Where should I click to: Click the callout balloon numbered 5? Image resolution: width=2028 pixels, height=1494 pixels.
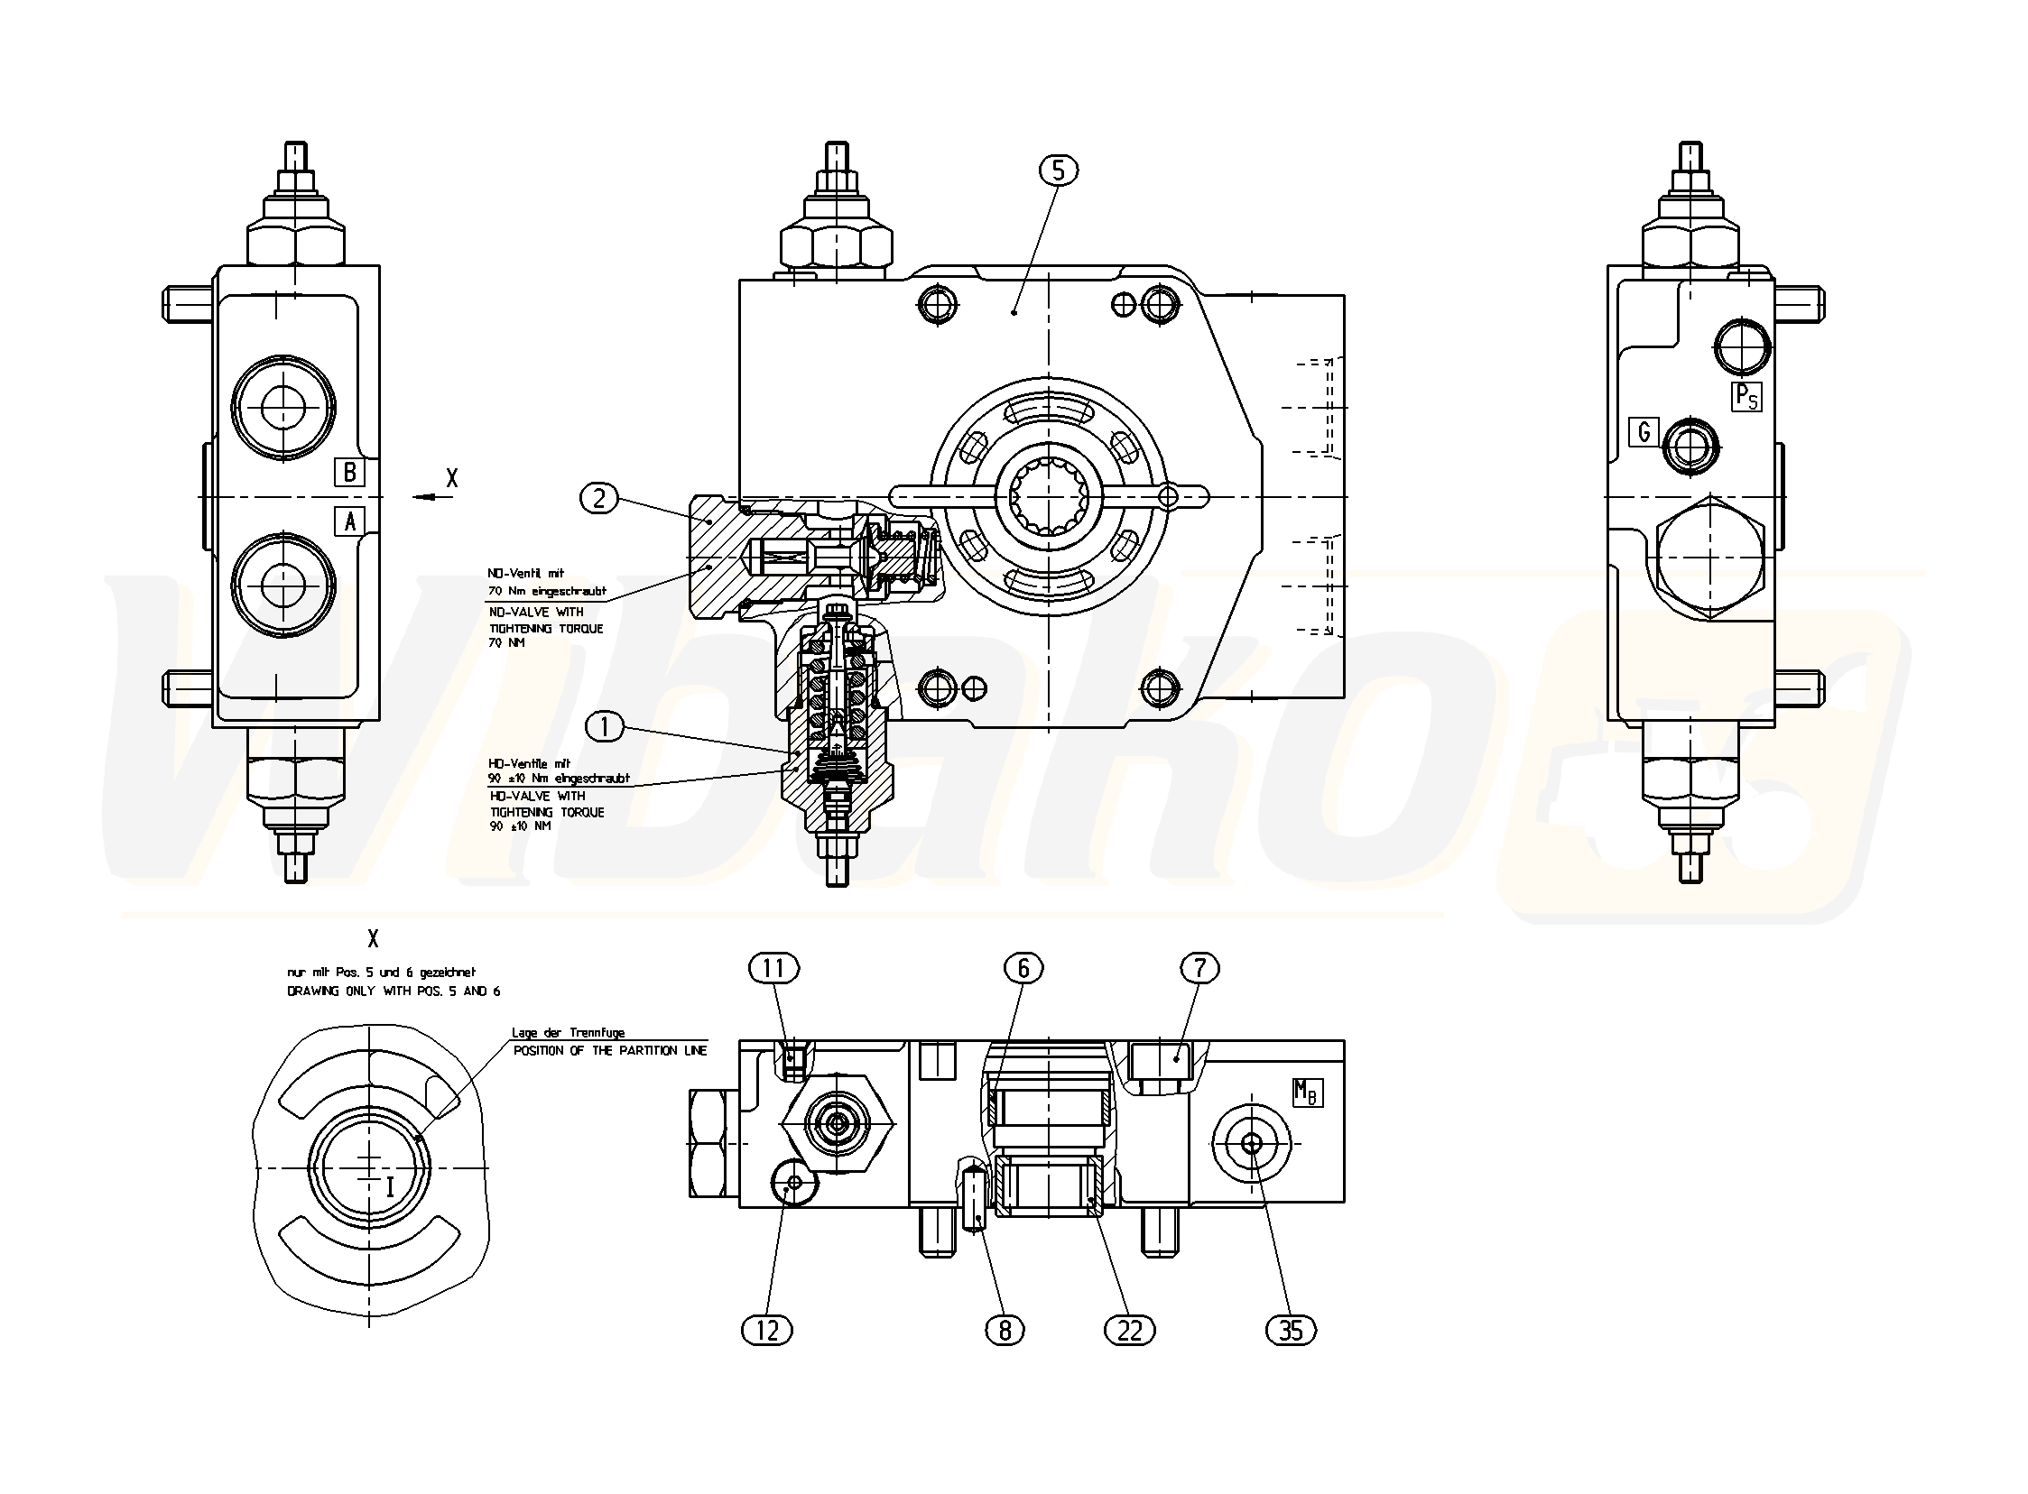point(1059,170)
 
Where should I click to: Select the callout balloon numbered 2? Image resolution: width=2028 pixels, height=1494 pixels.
point(598,497)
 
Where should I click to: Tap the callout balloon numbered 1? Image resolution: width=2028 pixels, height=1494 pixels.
point(605,725)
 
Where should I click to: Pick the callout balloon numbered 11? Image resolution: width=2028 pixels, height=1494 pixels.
point(773,969)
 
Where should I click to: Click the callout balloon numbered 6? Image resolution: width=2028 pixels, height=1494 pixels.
point(1023,969)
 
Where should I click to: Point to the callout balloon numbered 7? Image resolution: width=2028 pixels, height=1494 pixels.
point(1199,969)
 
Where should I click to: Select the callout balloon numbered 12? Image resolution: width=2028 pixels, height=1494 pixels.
point(766,1331)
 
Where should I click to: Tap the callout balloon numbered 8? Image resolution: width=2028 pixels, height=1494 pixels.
point(1005,1331)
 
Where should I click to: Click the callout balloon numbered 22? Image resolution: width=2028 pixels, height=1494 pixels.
point(1130,1331)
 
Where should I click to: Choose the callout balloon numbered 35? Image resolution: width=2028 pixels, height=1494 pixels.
point(1291,1331)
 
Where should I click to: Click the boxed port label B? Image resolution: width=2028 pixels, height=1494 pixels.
point(349,472)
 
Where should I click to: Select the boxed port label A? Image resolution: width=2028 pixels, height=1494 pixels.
point(349,521)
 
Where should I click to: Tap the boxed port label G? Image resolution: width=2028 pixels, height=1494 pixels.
point(1644,432)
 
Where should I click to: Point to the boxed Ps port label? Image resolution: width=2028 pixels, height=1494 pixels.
point(1746,397)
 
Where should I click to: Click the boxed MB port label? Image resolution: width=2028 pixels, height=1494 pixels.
point(1307,1093)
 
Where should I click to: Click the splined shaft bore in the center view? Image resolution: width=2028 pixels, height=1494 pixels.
point(1049,496)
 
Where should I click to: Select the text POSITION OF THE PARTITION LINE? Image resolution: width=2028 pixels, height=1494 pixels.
point(610,1051)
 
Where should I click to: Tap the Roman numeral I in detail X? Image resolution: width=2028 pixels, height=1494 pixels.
point(390,1187)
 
